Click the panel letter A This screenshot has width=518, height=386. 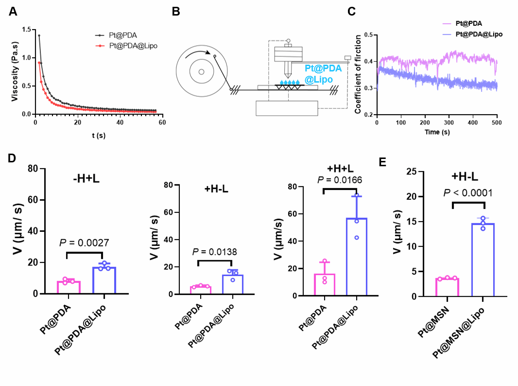13,12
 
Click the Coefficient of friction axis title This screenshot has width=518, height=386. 358,74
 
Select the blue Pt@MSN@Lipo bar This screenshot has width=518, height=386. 483,260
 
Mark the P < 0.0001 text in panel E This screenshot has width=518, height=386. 467,193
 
